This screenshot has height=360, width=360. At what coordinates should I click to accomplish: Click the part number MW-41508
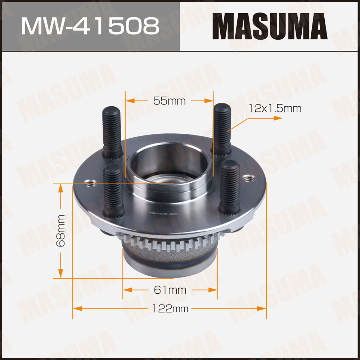[x=90, y=26]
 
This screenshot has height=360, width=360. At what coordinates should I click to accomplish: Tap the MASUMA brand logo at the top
[x=270, y=26]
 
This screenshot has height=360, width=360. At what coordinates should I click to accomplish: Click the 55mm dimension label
[x=170, y=101]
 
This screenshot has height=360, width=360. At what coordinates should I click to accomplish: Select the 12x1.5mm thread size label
[x=275, y=108]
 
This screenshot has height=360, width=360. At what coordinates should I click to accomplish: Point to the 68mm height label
[x=61, y=231]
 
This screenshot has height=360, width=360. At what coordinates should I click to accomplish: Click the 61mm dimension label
[x=170, y=290]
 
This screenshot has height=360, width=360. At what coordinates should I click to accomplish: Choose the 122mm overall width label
[x=170, y=308]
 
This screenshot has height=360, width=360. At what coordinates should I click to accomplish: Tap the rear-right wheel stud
[x=222, y=129]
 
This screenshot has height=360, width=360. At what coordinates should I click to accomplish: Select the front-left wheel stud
[x=113, y=191]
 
